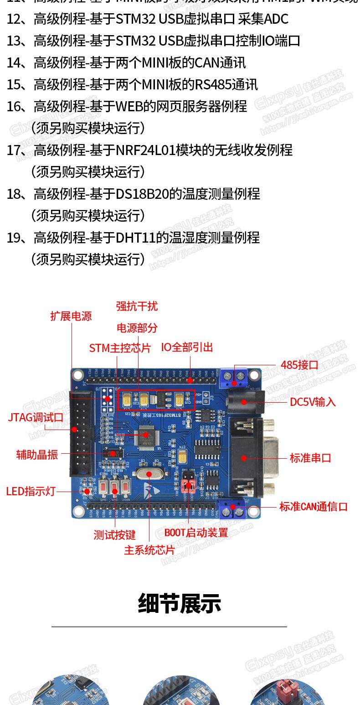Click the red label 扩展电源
71,316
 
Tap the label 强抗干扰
137,306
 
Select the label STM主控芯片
119,348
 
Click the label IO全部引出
187,347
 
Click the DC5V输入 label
313,402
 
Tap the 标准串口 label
310,458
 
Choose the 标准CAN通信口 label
313,506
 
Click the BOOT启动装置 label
196,532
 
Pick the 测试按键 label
114,534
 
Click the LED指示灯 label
31,491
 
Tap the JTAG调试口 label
36,417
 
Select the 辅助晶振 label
37,454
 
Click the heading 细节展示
180,603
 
